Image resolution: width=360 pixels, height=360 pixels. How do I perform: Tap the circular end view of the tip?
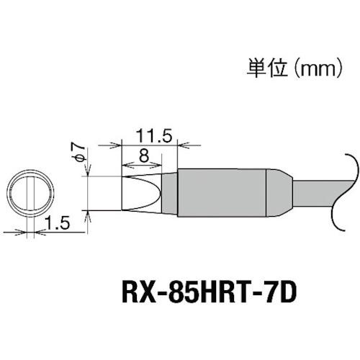[x=31, y=192]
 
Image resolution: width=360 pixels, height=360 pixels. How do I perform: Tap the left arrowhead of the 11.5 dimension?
[x=115, y=145]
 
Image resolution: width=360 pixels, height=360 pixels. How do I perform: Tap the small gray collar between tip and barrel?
[x=168, y=193]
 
